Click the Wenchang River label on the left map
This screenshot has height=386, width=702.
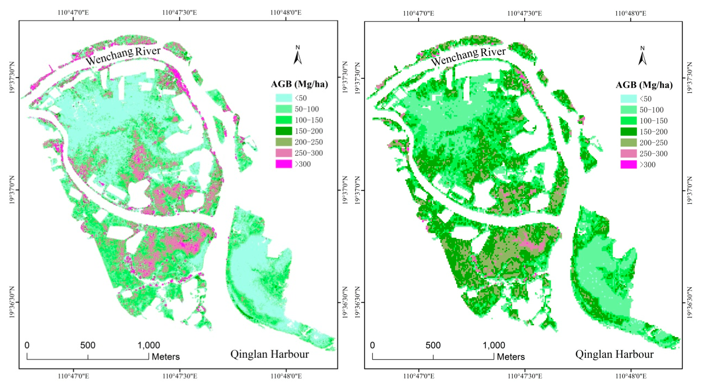[x=123, y=56]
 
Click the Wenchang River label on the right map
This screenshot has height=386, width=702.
[x=468, y=56]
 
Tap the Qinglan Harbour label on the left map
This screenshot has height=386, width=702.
[x=270, y=354]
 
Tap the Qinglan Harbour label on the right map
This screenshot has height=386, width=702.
[x=614, y=354]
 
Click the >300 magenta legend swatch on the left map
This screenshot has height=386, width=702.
[x=284, y=164]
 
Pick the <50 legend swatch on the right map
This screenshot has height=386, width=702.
[x=628, y=99]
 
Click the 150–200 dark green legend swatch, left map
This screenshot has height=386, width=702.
[x=284, y=131]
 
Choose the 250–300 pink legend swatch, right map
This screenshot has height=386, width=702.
[x=628, y=154]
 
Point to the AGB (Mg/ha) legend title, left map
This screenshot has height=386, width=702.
[x=299, y=84]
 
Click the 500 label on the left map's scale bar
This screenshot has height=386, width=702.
[x=88, y=345]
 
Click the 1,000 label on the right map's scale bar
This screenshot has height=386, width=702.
[x=494, y=345]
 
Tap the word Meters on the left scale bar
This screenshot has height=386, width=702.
[x=166, y=357]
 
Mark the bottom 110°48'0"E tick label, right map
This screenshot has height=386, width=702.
[x=631, y=376]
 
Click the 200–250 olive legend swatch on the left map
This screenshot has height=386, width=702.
[x=284, y=142]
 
